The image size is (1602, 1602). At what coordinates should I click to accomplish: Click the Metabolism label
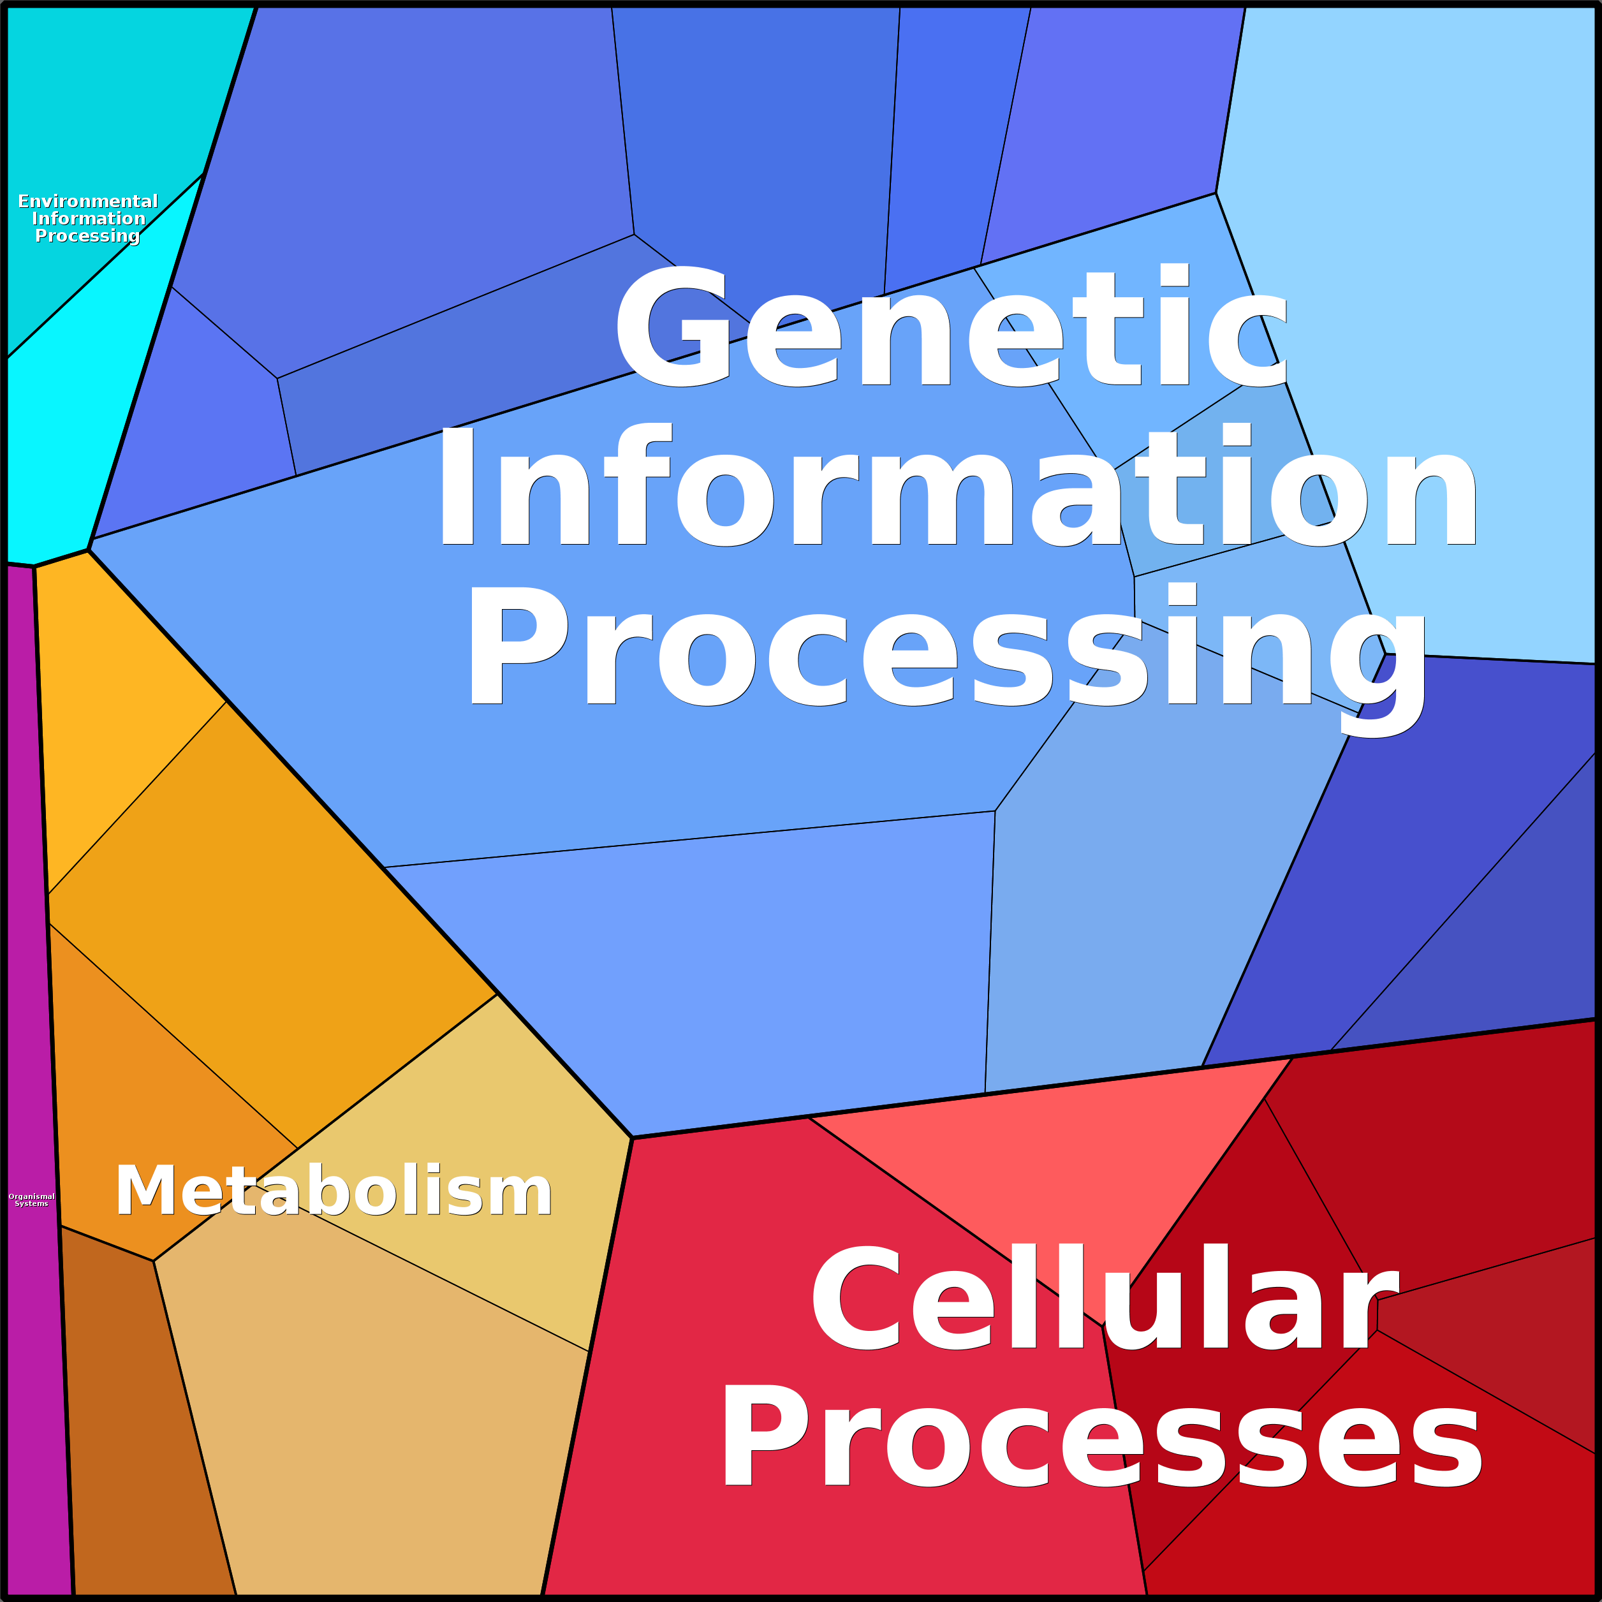click(334, 1191)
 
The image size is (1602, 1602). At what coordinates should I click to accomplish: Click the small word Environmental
click(88, 202)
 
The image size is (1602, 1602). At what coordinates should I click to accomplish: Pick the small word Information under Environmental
click(89, 219)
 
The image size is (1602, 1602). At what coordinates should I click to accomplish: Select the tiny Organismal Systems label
click(31, 1200)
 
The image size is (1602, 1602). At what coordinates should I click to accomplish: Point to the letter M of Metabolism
click(145, 1191)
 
